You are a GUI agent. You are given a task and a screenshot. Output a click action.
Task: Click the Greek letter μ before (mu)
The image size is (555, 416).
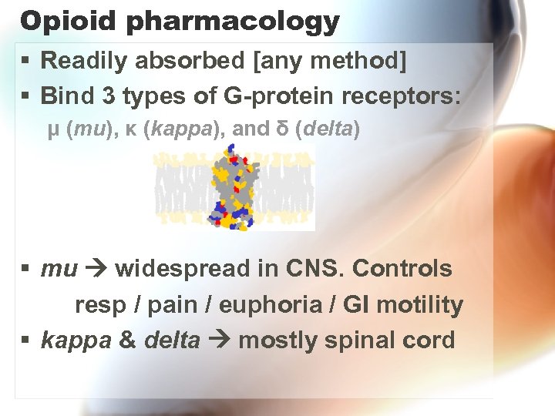coord(53,129)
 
